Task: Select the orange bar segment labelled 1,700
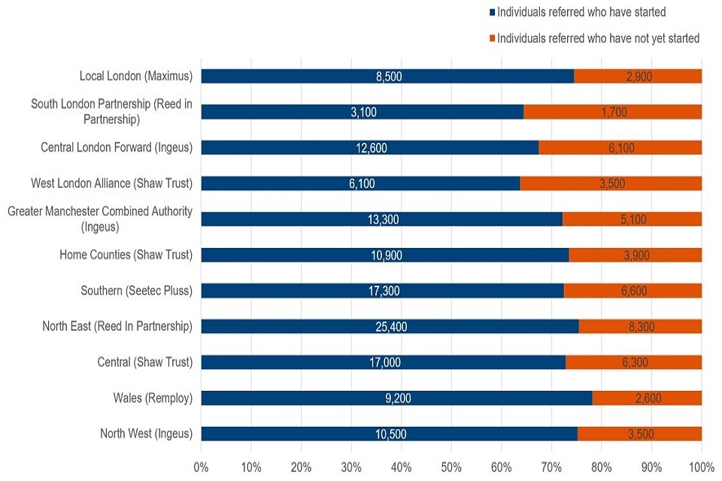[x=612, y=112]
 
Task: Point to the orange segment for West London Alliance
[x=611, y=183]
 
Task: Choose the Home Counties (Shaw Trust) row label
[x=126, y=255]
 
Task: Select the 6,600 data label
[x=632, y=291]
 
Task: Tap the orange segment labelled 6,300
[x=633, y=362]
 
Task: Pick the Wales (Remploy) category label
[x=152, y=398]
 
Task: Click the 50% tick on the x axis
[x=451, y=466]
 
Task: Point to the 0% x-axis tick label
[x=202, y=466]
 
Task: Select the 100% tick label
[x=701, y=466]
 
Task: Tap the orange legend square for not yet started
[x=492, y=38]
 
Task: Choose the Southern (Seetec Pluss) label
[x=136, y=291]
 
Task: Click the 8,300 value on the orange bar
[x=640, y=326]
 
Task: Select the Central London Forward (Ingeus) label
[x=116, y=147]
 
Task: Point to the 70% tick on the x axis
[x=551, y=466]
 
